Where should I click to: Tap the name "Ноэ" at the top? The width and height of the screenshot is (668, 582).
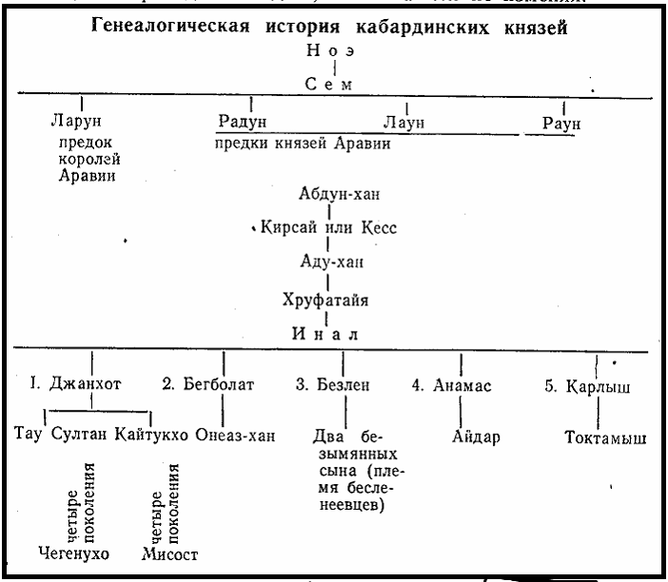tap(335, 49)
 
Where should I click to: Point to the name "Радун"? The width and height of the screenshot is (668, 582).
tap(243, 122)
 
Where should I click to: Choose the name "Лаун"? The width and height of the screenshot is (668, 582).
tap(407, 122)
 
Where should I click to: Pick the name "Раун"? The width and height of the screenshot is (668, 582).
tap(561, 123)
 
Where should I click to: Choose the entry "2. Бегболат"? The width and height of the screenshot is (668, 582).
tap(222, 389)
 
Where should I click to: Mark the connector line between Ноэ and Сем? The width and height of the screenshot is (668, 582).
tap(335, 67)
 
